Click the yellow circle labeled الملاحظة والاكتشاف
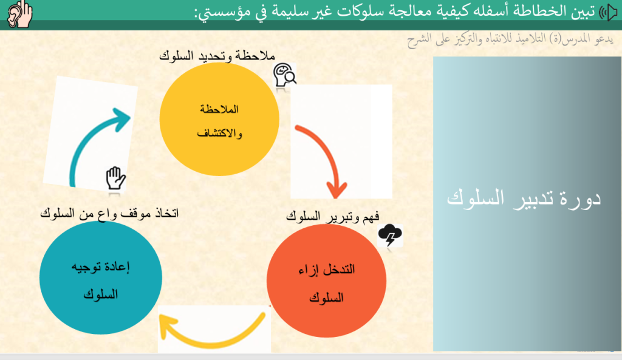pos(219,119)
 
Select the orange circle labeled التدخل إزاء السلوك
pos(326,281)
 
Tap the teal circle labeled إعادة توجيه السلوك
pos(101,277)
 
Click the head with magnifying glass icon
pos(284,75)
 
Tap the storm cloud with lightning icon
pos(390,235)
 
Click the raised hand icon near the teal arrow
pos(115,178)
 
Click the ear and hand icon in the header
pos(20,14)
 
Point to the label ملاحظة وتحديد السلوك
pos(217,55)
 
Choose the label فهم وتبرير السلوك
pos(332,216)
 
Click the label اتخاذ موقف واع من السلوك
pos(109,213)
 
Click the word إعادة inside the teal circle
pos(115,267)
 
